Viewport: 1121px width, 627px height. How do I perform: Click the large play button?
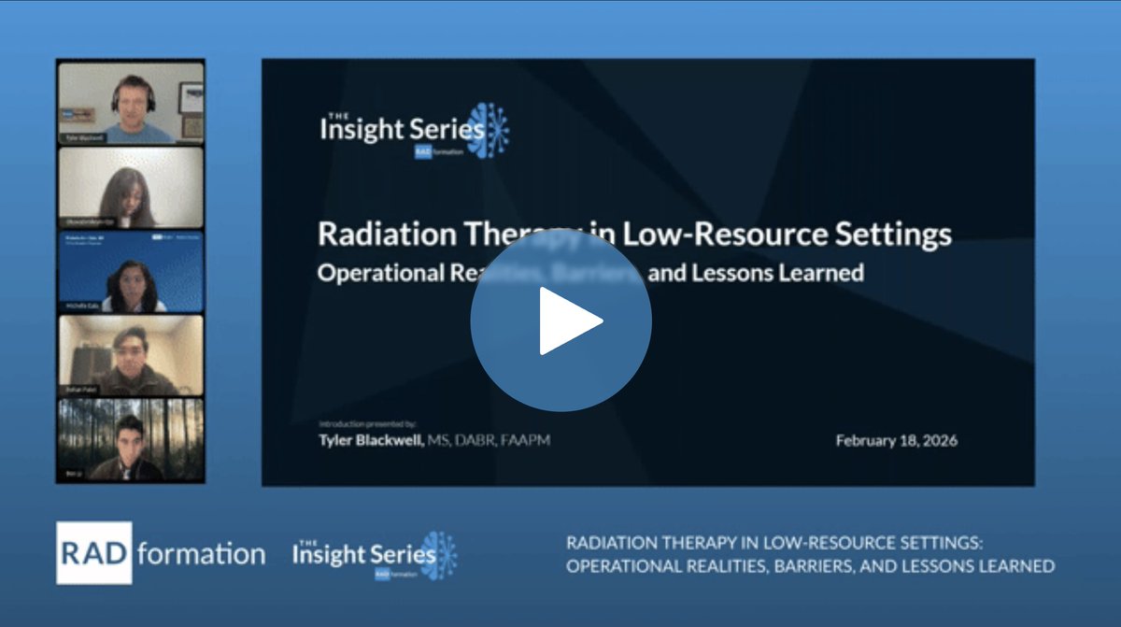(560, 320)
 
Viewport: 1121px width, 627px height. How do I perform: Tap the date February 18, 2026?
(896, 440)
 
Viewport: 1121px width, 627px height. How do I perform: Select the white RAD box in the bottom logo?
(94, 553)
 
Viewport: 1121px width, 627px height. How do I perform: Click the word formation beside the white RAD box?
(200, 554)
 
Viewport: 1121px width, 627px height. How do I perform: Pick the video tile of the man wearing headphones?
(131, 103)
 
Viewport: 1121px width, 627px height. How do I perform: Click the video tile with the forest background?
(131, 440)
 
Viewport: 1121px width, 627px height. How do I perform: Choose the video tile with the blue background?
(131, 272)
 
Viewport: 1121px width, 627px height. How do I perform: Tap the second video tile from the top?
(131, 187)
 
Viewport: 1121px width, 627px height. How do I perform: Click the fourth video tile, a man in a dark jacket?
(131, 356)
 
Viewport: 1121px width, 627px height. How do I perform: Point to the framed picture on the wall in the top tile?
(191, 96)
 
